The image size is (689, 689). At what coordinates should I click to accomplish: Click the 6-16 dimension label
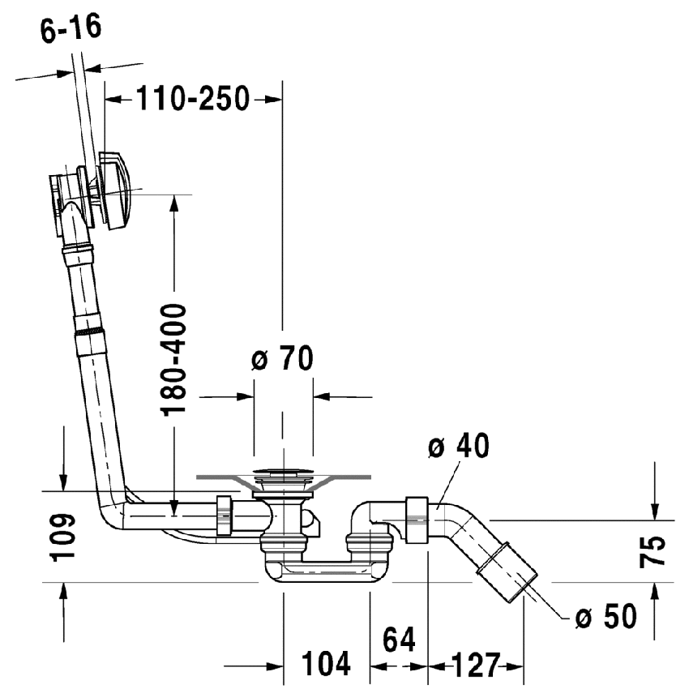coord(71,31)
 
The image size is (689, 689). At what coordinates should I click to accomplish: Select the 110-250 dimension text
coord(192,100)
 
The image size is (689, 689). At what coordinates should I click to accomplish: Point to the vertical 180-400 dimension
coord(174,359)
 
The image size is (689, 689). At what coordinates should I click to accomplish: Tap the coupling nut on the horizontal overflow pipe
coord(225,516)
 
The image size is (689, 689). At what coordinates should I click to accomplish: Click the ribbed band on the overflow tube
coord(90,332)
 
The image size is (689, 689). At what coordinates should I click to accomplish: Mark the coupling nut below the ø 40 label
coord(417,519)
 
